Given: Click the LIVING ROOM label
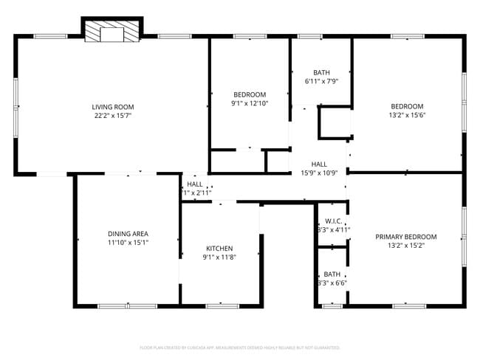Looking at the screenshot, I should tap(112, 107).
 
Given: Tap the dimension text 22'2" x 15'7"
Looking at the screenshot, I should tap(112, 116).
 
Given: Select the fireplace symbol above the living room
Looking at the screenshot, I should tap(112, 31).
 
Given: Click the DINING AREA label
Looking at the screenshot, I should tap(128, 234).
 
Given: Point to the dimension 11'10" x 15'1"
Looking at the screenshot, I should tap(128, 243).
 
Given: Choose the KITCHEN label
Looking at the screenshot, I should tap(219, 249).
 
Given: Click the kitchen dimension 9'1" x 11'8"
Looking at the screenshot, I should tap(219, 257).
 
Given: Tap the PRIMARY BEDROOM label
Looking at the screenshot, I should tap(406, 237).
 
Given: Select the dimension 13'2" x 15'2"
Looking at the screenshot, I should tap(406, 246).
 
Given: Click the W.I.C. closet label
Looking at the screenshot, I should tap(332, 221).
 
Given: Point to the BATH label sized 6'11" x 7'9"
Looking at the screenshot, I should tap(321, 72).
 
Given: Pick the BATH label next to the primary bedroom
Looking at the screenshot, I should tap(332, 274).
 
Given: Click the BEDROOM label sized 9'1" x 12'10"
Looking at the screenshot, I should tap(250, 94).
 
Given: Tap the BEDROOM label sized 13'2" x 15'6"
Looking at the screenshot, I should tap(407, 106).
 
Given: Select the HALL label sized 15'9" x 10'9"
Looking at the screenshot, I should tap(319, 165).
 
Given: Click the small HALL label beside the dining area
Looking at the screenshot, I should tap(195, 184).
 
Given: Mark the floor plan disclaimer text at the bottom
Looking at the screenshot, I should tap(240, 347).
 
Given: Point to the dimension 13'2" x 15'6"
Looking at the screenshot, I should tap(407, 115).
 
